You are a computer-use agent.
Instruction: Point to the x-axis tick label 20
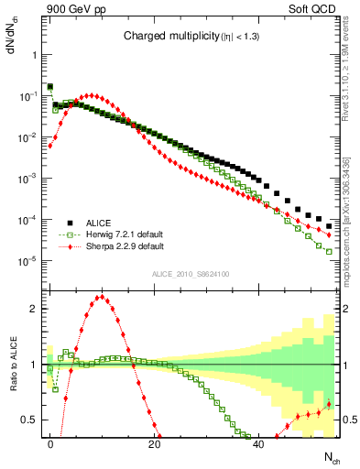pyautogui.click(x=154, y=442)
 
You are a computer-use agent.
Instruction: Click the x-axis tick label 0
pyautogui.click(x=50, y=442)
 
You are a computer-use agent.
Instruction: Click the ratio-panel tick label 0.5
pyautogui.click(x=29, y=420)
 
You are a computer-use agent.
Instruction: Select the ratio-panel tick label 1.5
pyautogui.click(x=29, y=336)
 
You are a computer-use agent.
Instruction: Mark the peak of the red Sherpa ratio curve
pyautogui.click(x=100, y=297)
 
